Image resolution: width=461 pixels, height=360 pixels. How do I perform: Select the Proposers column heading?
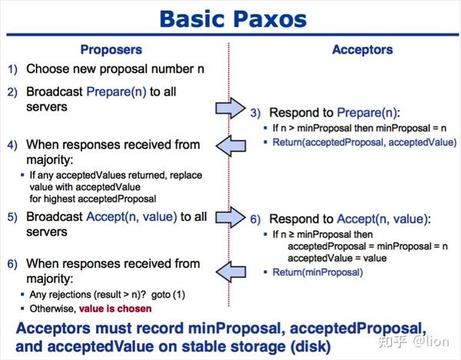click(111, 50)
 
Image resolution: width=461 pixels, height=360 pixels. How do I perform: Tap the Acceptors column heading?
click(362, 50)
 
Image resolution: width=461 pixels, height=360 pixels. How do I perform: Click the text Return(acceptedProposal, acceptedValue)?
click(363, 143)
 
